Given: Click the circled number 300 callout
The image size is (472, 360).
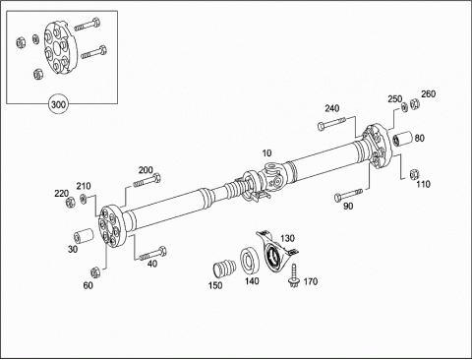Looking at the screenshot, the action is point(58,104).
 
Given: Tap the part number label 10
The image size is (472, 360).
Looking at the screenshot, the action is point(266,153).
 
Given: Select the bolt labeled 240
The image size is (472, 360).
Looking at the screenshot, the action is point(331,123).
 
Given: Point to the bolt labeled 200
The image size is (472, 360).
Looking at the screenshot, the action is point(147,181).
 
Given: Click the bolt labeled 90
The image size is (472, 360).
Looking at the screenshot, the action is point(348,195).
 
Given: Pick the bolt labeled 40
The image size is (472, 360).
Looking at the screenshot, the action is point(152,254).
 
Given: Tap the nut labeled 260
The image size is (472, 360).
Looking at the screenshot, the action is point(415,104).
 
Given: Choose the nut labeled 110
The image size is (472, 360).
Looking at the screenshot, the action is point(415,174).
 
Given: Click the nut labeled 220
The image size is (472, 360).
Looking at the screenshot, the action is point(70,203).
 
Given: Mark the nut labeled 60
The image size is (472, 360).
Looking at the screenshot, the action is point(95,271).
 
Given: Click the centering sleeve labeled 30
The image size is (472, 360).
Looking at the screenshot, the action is point(84,237).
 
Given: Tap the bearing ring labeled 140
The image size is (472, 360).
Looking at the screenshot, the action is point(250,261).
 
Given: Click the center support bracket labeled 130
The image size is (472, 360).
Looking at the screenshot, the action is point(275,250).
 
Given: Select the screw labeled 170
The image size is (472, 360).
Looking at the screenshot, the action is point(293,275).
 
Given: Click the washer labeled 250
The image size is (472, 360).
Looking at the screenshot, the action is point(405,107).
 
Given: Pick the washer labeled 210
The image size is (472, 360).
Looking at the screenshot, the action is point(84,199).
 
